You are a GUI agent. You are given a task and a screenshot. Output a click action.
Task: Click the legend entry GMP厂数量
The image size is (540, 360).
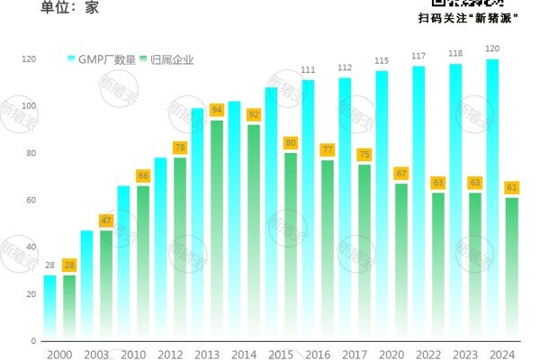pyautogui.click(x=102, y=59)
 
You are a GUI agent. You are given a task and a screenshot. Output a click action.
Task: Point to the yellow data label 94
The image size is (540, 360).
pyautogui.click(x=216, y=110)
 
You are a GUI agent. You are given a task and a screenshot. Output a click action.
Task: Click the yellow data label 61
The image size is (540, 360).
pyautogui.click(x=511, y=187)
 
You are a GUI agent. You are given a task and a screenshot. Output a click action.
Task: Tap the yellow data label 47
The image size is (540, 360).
pyautogui.click(x=105, y=220)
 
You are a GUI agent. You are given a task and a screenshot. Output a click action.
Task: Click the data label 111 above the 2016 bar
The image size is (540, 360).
pyautogui.click(x=308, y=70)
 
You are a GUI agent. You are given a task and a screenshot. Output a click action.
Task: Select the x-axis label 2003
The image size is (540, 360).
pyautogui.click(x=95, y=354)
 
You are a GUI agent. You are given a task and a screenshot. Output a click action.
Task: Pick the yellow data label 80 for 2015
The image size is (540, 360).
pyautogui.click(x=290, y=142)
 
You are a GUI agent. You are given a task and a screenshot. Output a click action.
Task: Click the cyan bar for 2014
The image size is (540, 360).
pyautogui.click(x=234, y=221)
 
